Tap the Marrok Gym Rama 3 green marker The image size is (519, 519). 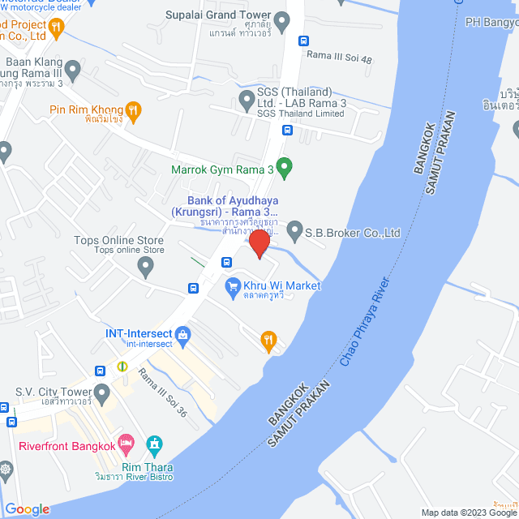pos(284,168)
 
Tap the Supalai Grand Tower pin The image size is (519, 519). pos(282,21)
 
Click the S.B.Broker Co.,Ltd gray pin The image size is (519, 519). pos(294,231)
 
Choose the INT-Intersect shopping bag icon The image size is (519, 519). pos(182,333)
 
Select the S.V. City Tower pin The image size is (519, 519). pos(101,394)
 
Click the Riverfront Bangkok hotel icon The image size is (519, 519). pos(126,444)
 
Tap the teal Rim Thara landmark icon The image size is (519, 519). pos(154,444)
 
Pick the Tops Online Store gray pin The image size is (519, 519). pos(146,268)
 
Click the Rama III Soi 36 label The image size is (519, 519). pos(162,392)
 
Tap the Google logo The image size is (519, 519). pos(27,509)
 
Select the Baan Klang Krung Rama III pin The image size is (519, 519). pos(73,71)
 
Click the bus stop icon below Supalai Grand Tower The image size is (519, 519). pos(303,41)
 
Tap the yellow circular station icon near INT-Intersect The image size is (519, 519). pos(122,366)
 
